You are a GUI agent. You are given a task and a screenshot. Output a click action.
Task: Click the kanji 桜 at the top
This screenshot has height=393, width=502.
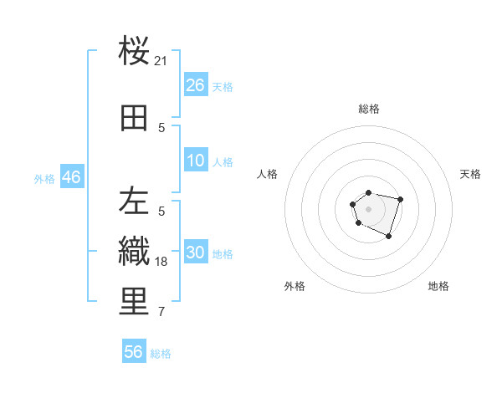[x=134, y=52]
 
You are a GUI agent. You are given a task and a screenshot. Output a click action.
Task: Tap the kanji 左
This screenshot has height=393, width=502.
[x=134, y=201]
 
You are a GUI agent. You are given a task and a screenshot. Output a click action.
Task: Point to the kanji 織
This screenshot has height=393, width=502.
[x=134, y=251]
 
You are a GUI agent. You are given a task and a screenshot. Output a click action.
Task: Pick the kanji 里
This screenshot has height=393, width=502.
[x=134, y=302]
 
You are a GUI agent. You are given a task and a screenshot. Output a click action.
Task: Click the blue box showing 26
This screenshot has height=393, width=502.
[x=195, y=85]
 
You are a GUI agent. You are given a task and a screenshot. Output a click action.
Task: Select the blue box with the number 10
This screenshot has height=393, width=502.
[x=195, y=161]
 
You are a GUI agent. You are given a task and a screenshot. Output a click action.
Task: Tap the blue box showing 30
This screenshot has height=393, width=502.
[x=195, y=253]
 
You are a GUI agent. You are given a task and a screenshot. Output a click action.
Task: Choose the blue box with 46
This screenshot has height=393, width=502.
[x=71, y=177]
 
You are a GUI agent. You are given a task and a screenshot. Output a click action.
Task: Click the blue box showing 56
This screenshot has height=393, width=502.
[x=134, y=352]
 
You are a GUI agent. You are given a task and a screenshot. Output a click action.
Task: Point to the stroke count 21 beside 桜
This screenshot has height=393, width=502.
[x=161, y=60]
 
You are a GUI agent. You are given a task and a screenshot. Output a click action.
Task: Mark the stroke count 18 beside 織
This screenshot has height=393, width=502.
[x=161, y=261]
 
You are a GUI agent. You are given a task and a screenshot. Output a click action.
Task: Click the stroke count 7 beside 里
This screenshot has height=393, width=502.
[x=161, y=313]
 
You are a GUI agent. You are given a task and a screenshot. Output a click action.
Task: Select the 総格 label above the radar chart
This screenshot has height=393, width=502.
[x=368, y=109]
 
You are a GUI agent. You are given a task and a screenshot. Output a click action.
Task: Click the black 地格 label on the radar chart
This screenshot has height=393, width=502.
[x=438, y=286]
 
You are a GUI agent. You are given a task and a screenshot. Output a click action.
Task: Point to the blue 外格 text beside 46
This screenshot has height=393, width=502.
[x=44, y=178]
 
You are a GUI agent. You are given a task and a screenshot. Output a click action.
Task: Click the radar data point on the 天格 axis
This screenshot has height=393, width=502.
[x=401, y=199]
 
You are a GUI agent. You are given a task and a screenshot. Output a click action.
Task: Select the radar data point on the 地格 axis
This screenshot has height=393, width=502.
[x=388, y=237]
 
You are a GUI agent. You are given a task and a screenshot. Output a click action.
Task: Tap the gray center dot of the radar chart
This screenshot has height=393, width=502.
[x=368, y=207]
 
